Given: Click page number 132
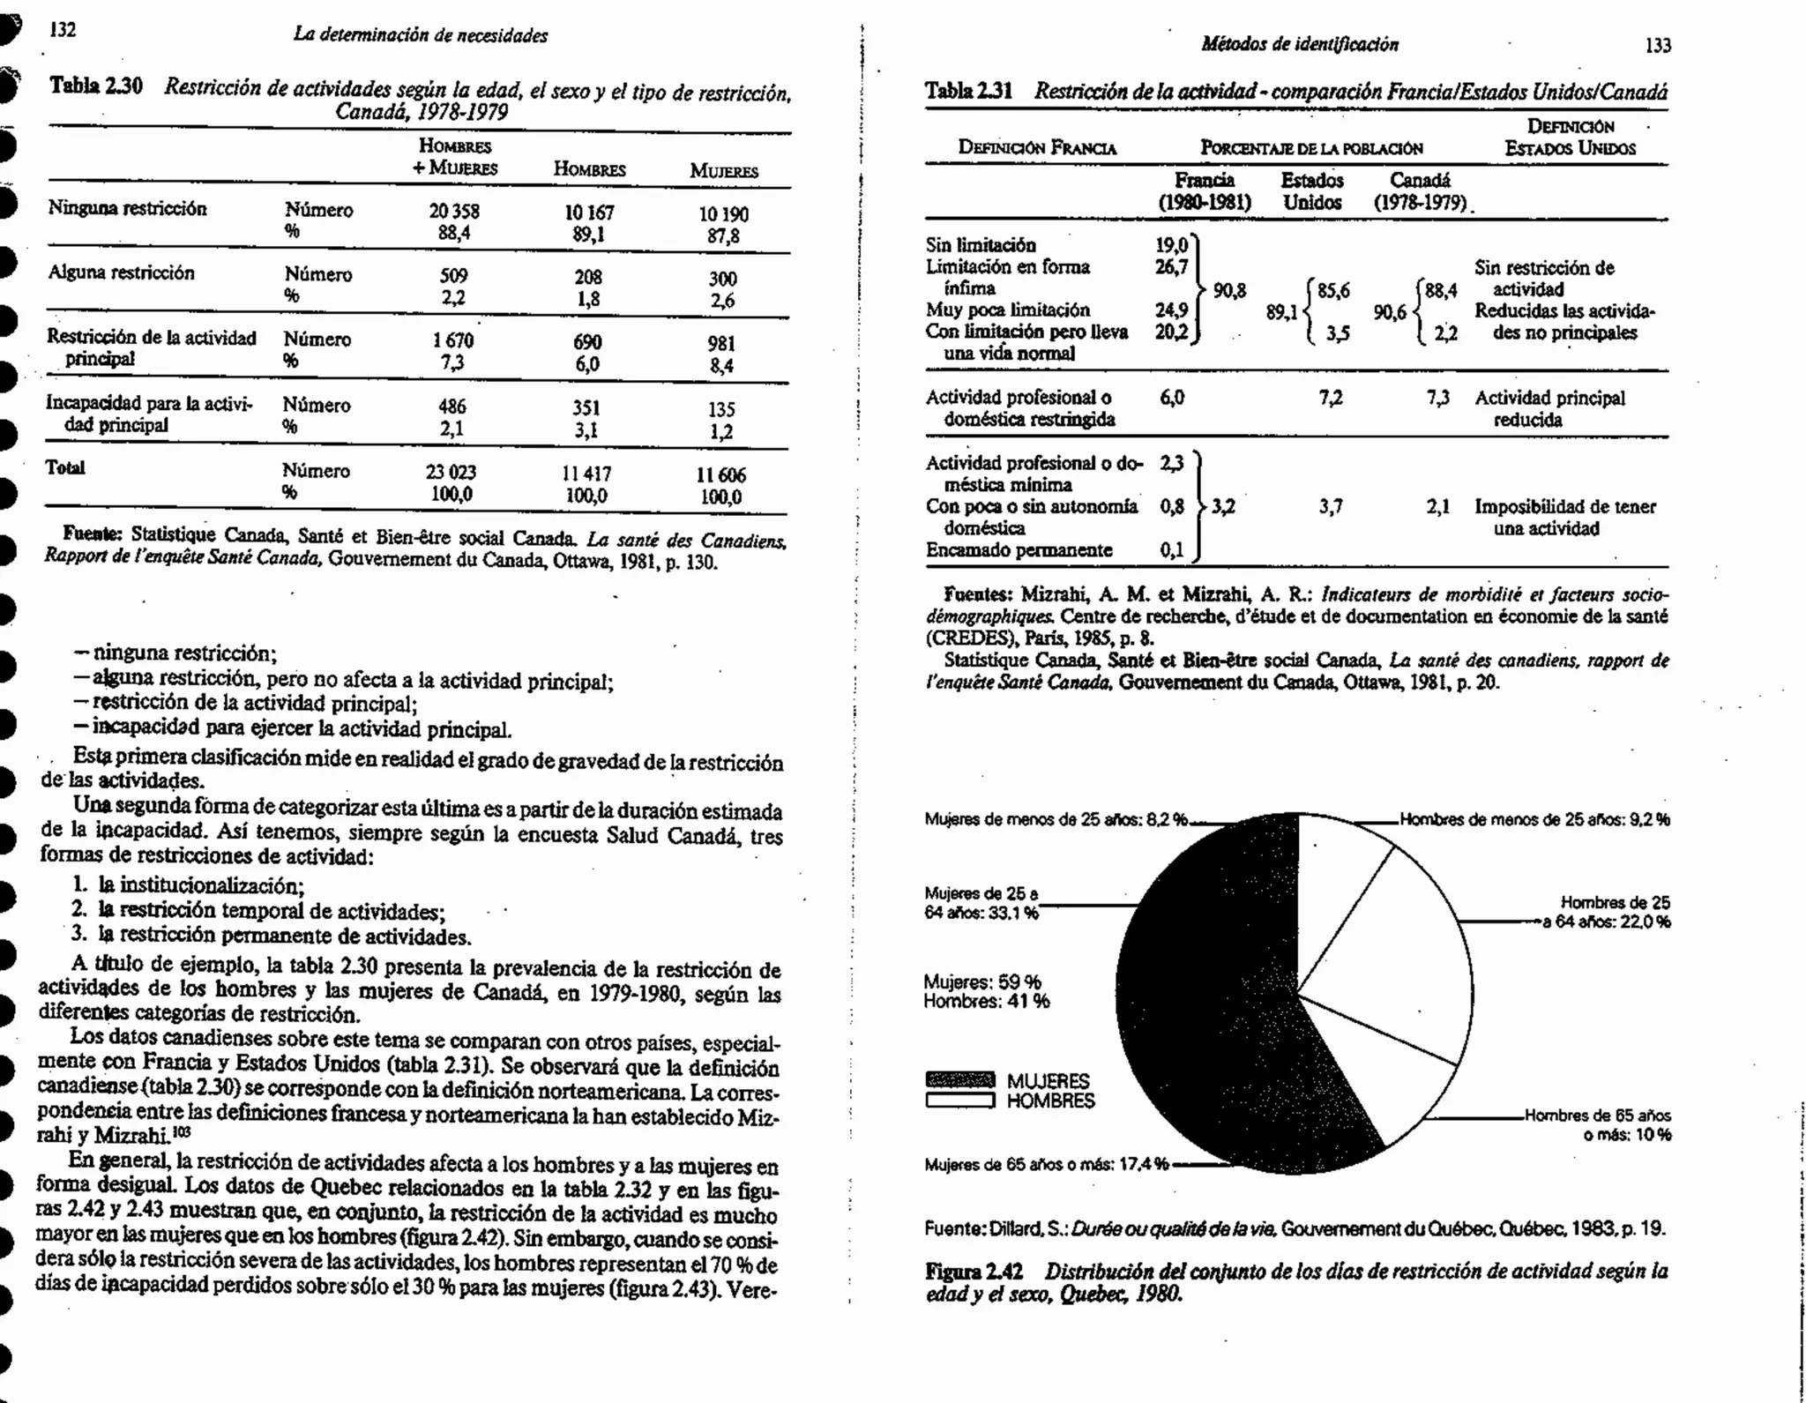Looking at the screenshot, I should pos(63,30).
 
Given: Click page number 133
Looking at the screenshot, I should pos(1658,46).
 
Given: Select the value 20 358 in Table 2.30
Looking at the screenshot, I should pos(454,213).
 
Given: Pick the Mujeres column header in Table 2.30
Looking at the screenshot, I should pos(723,171).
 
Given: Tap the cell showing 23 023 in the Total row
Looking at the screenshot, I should pos(451,473).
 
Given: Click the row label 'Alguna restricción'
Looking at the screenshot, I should pos(121,273).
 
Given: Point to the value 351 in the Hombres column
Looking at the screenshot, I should pos(586,407).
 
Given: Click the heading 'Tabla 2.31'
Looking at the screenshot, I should pos(968,91).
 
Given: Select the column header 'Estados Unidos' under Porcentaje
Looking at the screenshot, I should pos(1312,191).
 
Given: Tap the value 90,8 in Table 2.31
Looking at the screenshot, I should pos(1229,290).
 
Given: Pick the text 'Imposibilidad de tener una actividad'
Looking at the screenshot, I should pos(1564,518).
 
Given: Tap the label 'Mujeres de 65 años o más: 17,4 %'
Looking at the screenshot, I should pos(1046,1165).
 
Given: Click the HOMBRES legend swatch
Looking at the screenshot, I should pos(960,1101).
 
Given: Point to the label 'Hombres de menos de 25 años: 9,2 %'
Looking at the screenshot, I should pos(1534,819).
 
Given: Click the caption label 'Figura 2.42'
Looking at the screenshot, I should pos(974,1272).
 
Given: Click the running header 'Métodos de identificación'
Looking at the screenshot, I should pos(1299,44).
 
